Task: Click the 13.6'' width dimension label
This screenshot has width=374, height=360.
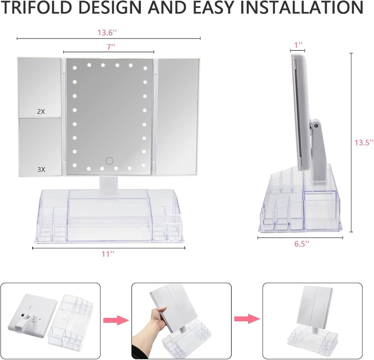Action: pyautogui.click(x=107, y=32)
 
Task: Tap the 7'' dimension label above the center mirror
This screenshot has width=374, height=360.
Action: pyautogui.click(x=111, y=47)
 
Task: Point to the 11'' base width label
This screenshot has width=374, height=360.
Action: pyautogui.click(x=108, y=254)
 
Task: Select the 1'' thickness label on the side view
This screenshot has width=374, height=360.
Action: pyautogui.click(x=298, y=45)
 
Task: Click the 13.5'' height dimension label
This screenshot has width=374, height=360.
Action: pyautogui.click(x=364, y=143)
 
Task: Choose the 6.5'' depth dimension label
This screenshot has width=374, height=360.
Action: pyautogui.click(x=302, y=244)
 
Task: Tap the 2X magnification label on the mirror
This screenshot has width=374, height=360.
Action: pyautogui.click(x=41, y=111)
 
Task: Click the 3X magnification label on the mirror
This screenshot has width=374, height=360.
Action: pyautogui.click(x=41, y=169)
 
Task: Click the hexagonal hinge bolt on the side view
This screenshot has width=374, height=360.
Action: pyautogui.click(x=317, y=125)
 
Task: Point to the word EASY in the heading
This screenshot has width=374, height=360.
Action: pyautogui.click(x=213, y=7)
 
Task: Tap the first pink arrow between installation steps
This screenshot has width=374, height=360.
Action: pyautogui.click(x=116, y=320)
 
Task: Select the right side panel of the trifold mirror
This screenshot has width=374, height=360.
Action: pyautogui.click(x=178, y=117)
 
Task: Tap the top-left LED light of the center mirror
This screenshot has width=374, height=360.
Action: pyautogui.click(x=75, y=68)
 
